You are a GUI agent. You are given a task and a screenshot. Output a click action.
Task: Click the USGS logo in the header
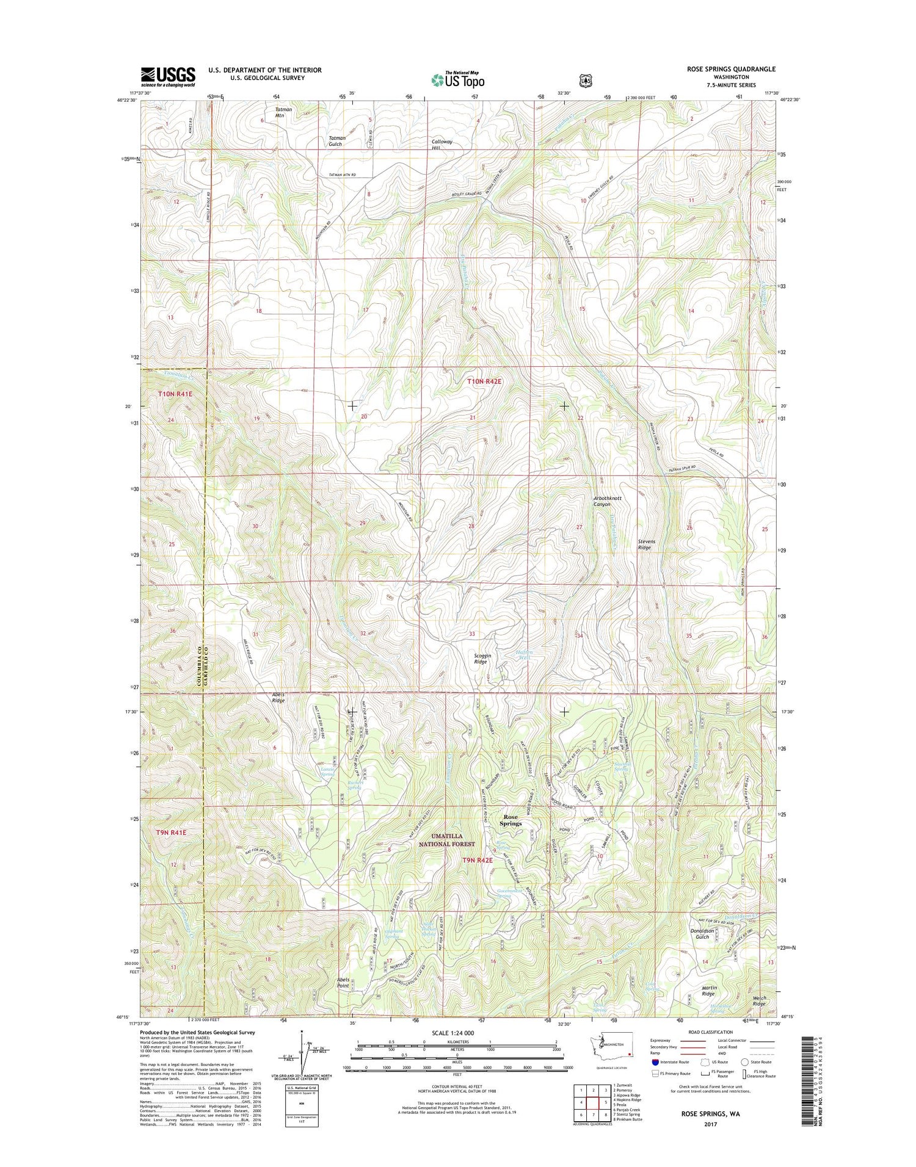(168, 76)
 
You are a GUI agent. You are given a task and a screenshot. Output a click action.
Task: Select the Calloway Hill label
(442, 145)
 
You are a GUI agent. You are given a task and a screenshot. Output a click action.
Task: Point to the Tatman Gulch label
(337, 141)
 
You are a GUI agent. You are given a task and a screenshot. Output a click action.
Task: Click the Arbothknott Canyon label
(608, 501)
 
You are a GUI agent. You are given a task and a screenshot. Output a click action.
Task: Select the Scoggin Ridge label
(482, 659)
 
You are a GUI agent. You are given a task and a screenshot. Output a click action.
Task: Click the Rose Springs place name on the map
(511, 820)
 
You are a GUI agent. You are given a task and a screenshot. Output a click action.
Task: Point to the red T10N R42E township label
(484, 381)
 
